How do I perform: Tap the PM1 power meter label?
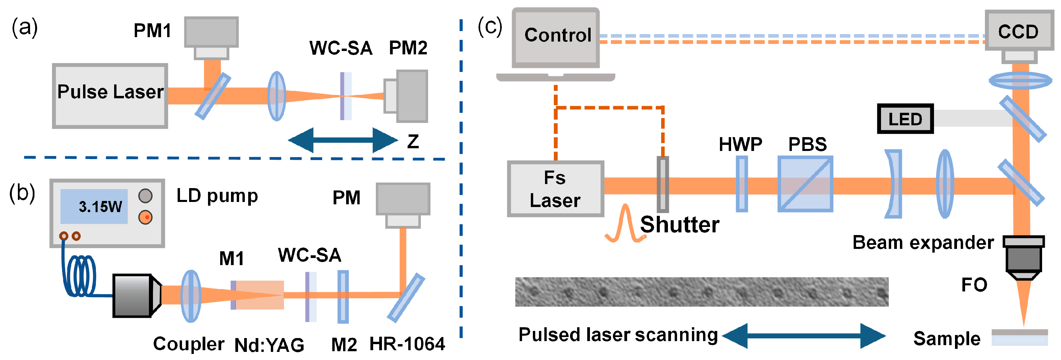pyautogui.click(x=152, y=30)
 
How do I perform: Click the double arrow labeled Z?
pyautogui.click(x=343, y=140)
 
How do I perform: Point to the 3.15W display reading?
pyautogui.click(x=100, y=206)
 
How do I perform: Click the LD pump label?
pyautogui.click(x=217, y=196)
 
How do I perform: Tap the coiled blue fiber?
pyautogui.click(x=80, y=276)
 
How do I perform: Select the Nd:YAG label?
pyautogui.click(x=269, y=345)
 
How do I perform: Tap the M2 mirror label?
pyautogui.click(x=344, y=344)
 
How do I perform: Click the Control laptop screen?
pyautogui.click(x=556, y=37)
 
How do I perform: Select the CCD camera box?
pyautogui.click(x=1018, y=31)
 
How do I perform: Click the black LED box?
pyautogui.click(x=905, y=119)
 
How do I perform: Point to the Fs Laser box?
pyautogui.click(x=555, y=189)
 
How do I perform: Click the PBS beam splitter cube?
pyautogui.click(x=805, y=184)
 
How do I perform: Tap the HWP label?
pyautogui.click(x=740, y=144)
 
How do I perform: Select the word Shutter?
pyautogui.click(x=680, y=225)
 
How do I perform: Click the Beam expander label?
pyautogui.click(x=923, y=242)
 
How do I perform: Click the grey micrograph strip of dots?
pyautogui.click(x=701, y=292)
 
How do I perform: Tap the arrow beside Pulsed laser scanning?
pyautogui.click(x=803, y=336)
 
